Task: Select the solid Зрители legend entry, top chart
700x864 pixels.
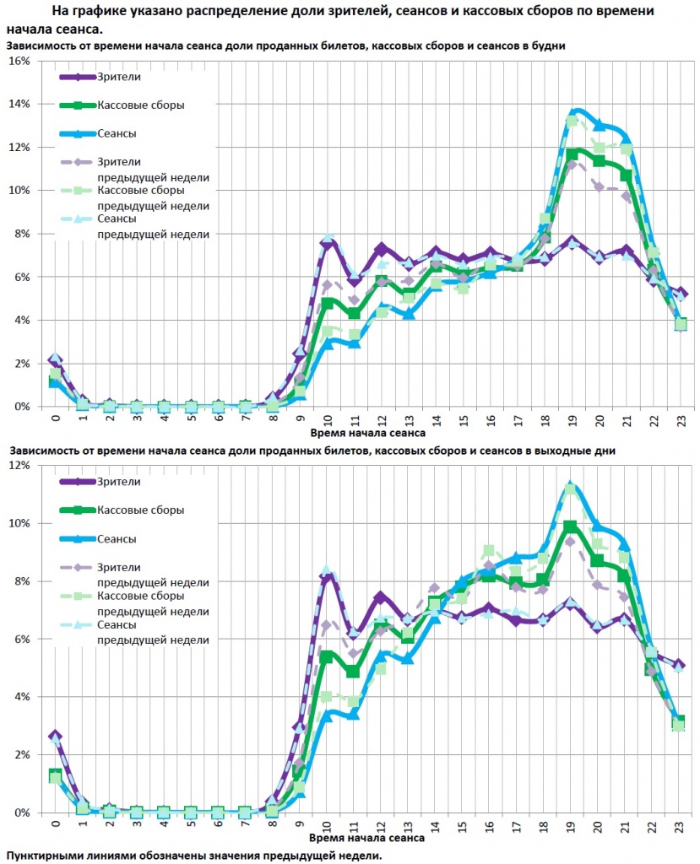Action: pos(119,77)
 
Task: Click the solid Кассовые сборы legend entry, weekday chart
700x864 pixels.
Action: pos(140,105)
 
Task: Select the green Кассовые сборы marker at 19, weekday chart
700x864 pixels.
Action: pos(572,154)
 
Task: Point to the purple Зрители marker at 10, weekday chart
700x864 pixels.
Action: pos(328,242)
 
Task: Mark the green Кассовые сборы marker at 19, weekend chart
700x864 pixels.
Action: pos(571,526)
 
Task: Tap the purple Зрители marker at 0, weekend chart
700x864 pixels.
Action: pos(55,737)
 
